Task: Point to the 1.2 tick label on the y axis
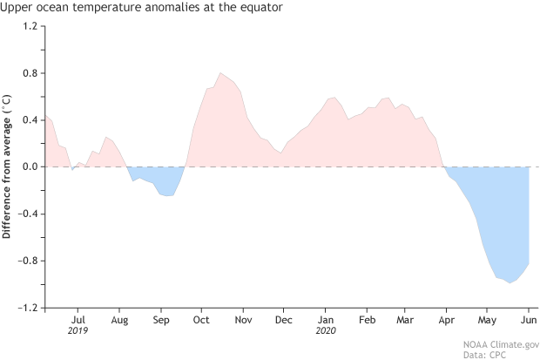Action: (30, 25)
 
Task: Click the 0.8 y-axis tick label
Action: (30, 72)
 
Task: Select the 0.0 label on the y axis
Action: (30, 166)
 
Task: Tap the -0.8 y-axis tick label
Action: (28, 261)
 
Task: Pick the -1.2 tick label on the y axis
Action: (28, 308)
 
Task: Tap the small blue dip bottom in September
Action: (167, 195)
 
